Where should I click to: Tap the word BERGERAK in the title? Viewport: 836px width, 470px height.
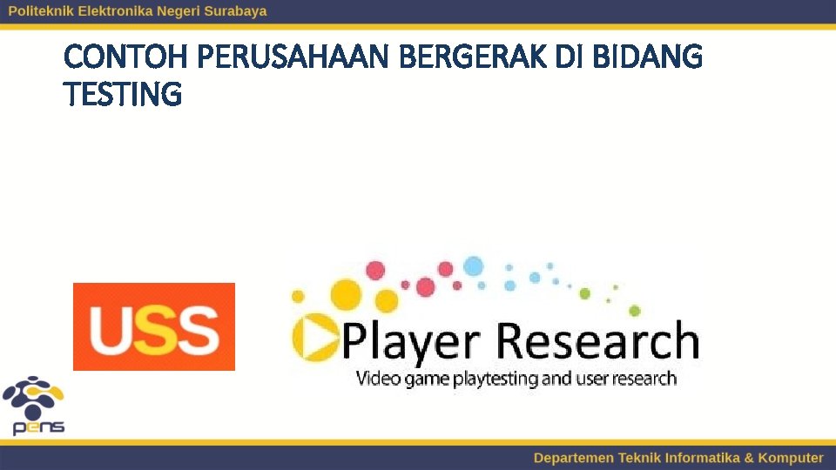472,58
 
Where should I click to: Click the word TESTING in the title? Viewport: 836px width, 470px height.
123,94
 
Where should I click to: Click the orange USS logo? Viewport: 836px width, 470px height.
154,326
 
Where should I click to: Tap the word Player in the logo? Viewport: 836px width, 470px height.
413,341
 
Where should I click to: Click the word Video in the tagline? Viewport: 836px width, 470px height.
376,379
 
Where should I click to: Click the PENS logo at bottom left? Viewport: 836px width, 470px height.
34,406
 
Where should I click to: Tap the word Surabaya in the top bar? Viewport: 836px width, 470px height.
235,11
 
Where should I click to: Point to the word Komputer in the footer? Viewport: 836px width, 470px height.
790,458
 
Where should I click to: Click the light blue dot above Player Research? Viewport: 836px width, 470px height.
473,265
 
